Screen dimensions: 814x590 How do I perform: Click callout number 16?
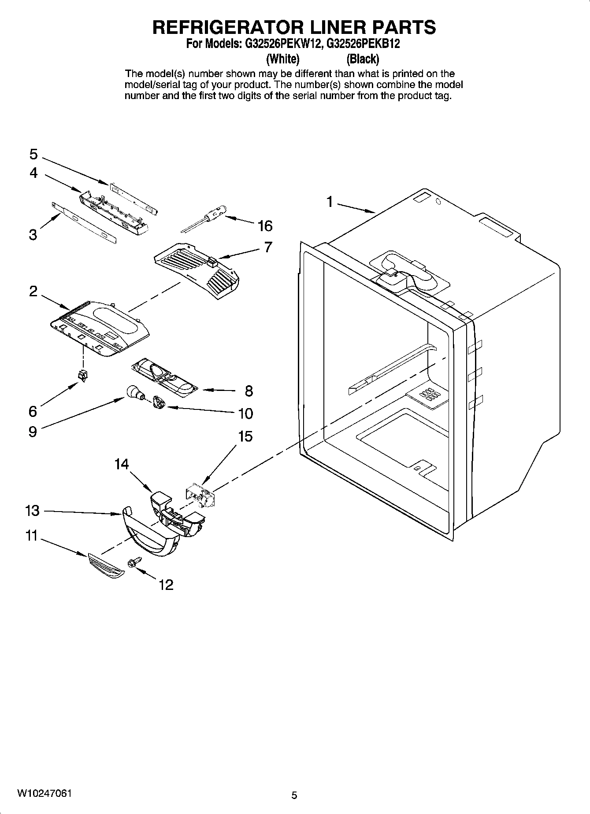pyautogui.click(x=265, y=226)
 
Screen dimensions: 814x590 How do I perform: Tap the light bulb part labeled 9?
pyautogui.click(x=134, y=392)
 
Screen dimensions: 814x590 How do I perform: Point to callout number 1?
pyautogui.click(x=329, y=202)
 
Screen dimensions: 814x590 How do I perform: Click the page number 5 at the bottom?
pyautogui.click(x=294, y=795)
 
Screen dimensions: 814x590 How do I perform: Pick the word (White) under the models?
pyautogui.click(x=283, y=59)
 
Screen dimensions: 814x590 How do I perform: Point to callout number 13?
pyautogui.click(x=32, y=511)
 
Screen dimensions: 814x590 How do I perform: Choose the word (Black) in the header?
pyautogui.click(x=363, y=59)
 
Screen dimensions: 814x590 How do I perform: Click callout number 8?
pyautogui.click(x=249, y=390)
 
